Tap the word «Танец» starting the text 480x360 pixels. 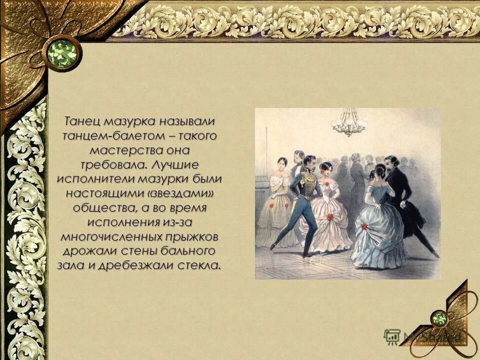pos(80,121)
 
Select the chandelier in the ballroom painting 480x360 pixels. pos(349,123)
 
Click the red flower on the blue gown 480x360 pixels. pos(364,226)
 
